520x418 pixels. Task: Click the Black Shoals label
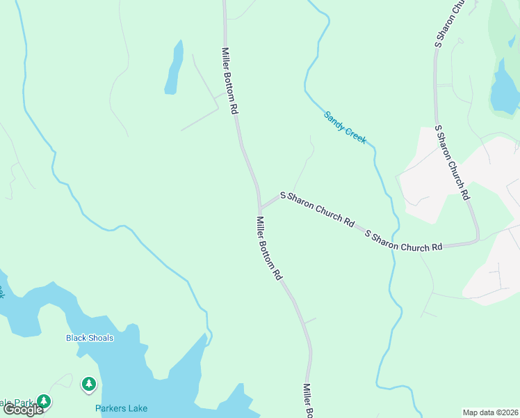pyautogui.click(x=90, y=338)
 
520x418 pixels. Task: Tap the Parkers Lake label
pyautogui.click(x=122, y=408)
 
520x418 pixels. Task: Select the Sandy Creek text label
pyautogui.click(x=345, y=127)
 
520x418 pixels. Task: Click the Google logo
pyautogui.click(x=23, y=410)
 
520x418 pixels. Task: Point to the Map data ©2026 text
pyautogui.click(x=490, y=412)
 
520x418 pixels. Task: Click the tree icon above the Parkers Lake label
pyautogui.click(x=89, y=383)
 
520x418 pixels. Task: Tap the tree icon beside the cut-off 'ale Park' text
pyautogui.click(x=44, y=401)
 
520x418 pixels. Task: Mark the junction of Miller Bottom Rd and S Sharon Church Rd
pyautogui.click(x=260, y=208)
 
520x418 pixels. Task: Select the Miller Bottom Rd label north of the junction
pyautogui.click(x=231, y=81)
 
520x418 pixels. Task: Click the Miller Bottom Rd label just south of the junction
pyautogui.click(x=270, y=248)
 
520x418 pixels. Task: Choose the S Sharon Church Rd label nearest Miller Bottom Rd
pyautogui.click(x=317, y=208)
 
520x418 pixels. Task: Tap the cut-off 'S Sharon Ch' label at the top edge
pyautogui.click(x=448, y=24)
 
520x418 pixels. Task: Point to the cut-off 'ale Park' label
pyautogui.click(x=17, y=403)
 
